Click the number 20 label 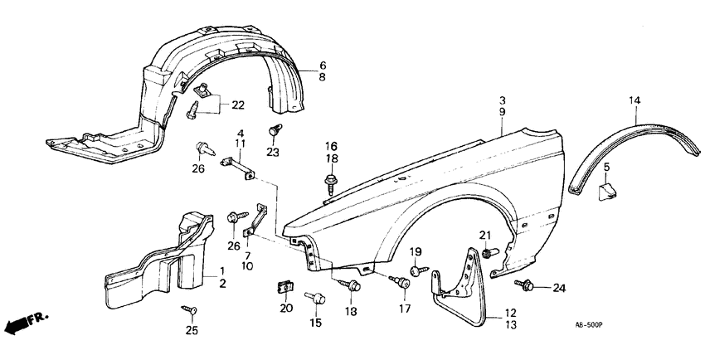(286, 309)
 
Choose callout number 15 (316, 323)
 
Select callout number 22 (238, 105)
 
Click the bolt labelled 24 (525, 286)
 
